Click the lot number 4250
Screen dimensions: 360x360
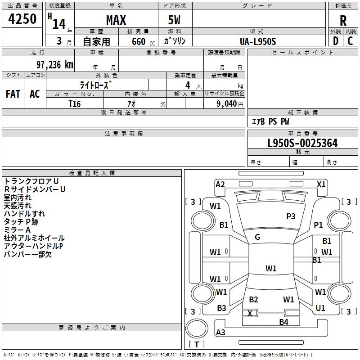[22, 19]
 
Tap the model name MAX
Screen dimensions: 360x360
[116, 20]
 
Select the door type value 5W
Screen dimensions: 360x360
[175, 20]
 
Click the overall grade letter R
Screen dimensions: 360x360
[343, 20]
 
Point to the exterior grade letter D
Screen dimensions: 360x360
[335, 41]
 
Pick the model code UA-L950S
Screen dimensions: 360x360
[258, 41]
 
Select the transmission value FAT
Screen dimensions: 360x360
[13, 94]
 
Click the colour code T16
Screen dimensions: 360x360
[75, 103]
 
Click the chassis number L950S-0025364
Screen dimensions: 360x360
[302, 144]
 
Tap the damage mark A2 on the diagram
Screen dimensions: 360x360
[220, 184]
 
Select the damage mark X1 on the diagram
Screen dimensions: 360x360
[321, 184]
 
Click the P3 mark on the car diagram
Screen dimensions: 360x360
[291, 216]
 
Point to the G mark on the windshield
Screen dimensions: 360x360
[257, 237]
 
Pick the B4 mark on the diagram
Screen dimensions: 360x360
[283, 322]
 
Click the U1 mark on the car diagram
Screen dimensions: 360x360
[320, 308]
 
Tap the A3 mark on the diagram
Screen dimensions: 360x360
[220, 333]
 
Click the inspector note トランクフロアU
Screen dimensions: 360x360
[31, 181]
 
